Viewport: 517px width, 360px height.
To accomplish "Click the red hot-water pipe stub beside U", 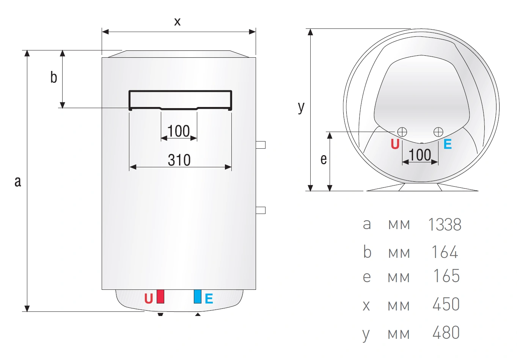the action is coord(160,297).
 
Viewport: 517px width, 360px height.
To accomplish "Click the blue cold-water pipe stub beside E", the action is coord(198,297).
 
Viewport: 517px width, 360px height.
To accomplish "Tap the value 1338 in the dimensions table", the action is coord(445,225).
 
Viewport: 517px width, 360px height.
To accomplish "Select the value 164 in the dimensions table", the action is coord(445,252).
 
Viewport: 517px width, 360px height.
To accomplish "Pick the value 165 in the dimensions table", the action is coord(446,276).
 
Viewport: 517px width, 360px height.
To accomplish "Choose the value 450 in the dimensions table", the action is coord(446,304).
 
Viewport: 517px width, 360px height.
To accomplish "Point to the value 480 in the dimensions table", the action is coord(446,333).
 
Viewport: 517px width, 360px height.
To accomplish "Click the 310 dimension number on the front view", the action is coord(179,160).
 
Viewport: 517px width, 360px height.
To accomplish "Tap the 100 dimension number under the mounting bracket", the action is coord(179,131).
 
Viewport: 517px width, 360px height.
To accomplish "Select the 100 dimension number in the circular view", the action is coord(420,155).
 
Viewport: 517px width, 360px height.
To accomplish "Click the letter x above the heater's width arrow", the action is coord(177,22).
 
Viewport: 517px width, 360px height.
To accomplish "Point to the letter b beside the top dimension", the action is coord(53,77).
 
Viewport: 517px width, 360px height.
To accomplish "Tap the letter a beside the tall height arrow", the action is coord(18,181).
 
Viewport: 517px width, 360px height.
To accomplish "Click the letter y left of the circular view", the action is coord(301,107).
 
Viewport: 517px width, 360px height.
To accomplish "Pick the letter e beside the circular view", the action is coord(324,159).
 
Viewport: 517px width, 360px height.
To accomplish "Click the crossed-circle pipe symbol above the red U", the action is coord(402,132).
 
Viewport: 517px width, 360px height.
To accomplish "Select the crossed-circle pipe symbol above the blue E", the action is coord(438,132).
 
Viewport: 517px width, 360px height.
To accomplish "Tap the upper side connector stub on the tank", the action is coord(261,145).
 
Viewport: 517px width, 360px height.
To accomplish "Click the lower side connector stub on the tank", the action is coord(261,210).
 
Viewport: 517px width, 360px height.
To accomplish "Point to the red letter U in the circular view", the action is coord(395,144).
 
